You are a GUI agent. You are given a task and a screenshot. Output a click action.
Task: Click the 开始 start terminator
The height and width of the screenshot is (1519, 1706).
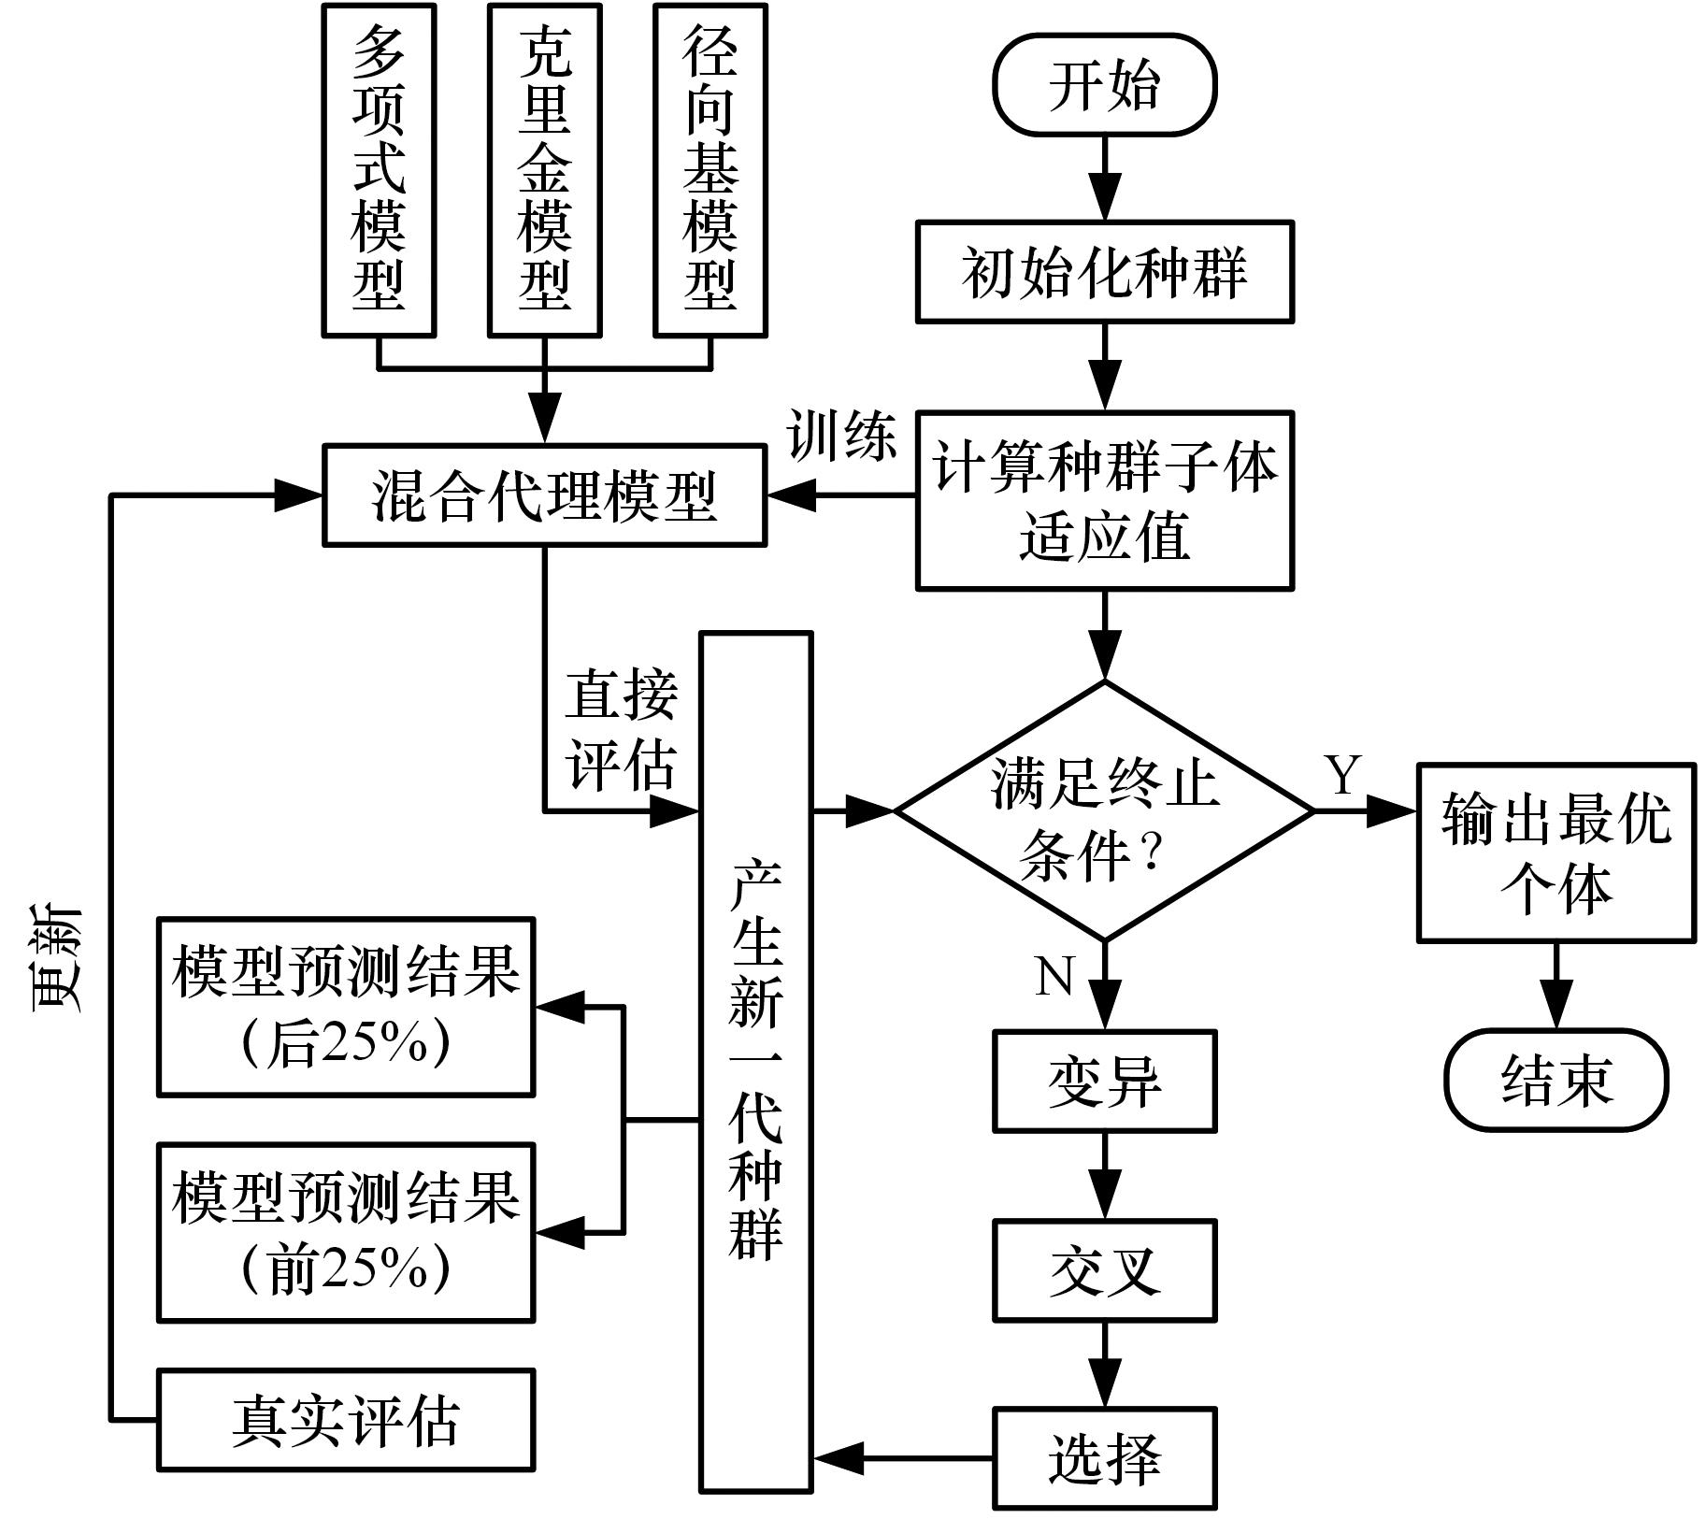[x=1104, y=85]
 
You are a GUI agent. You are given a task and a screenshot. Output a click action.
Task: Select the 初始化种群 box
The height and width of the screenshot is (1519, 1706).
[x=1104, y=273]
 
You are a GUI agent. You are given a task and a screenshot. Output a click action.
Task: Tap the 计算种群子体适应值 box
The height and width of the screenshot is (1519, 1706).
[x=1104, y=500]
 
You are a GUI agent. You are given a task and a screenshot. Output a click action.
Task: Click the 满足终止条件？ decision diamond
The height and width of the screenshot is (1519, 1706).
[x=1104, y=810]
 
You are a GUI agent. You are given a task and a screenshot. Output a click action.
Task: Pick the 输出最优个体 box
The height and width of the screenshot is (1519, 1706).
[x=1555, y=852]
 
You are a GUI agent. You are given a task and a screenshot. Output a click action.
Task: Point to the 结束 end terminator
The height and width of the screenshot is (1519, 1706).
[x=1555, y=1080]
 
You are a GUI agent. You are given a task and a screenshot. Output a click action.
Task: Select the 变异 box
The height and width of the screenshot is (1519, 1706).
[x=1104, y=1081]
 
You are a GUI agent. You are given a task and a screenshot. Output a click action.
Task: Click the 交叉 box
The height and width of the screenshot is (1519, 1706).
[x=1104, y=1269]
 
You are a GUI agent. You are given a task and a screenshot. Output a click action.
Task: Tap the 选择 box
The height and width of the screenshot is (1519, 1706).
[x=1104, y=1458]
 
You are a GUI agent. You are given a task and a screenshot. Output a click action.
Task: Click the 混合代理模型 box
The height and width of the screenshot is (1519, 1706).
[x=544, y=495]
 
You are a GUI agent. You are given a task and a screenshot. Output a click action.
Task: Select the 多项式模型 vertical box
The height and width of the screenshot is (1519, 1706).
[x=379, y=169]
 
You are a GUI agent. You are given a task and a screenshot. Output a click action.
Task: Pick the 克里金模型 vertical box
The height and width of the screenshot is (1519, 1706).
[x=544, y=169]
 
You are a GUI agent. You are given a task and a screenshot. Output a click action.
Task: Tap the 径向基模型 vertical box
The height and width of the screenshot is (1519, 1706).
[x=710, y=169]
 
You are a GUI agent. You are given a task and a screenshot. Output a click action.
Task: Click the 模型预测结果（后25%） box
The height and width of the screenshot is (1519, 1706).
[x=346, y=1006]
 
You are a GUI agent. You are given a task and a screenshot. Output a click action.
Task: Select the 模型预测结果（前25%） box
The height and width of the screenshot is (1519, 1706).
[x=346, y=1232]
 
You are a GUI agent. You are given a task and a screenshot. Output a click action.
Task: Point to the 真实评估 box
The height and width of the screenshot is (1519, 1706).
[x=346, y=1420]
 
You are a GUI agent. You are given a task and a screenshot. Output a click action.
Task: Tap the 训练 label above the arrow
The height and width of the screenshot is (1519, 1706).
[x=841, y=436]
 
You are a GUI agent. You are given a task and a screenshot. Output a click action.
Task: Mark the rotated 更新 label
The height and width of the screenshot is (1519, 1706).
[x=58, y=958]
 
